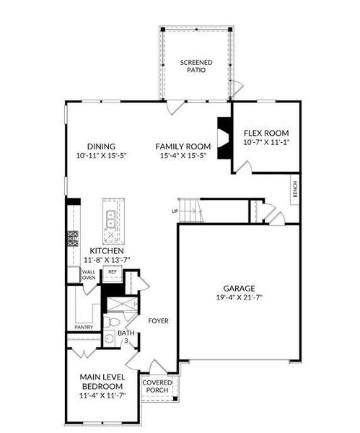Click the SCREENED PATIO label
(196, 66)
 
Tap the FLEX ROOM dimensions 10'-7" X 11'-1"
(266, 142)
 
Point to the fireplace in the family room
(224, 138)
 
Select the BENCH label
(295, 189)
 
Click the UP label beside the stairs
(175, 211)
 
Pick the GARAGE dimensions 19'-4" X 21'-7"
(239, 297)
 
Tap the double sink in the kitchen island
(111, 219)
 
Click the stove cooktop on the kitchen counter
(73, 238)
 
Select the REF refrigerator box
(113, 274)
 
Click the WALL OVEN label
(89, 275)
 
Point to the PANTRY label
(84, 327)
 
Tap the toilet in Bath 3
(112, 322)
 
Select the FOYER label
(158, 321)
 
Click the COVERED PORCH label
(157, 386)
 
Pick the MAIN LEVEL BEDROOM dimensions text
(102, 395)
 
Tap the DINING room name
(101, 146)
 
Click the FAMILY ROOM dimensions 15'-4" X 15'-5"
(183, 155)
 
